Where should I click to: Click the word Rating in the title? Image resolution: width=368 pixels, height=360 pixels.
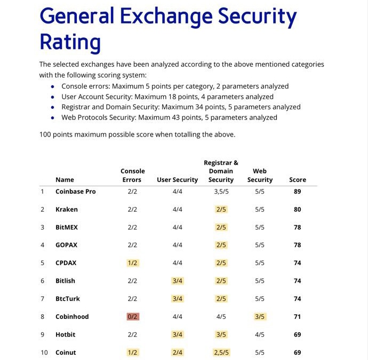coord(70,43)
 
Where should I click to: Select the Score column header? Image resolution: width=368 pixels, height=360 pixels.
coord(298,180)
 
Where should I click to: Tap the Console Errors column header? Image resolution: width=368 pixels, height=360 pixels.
coord(132,175)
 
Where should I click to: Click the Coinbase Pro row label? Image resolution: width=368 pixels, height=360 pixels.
coord(76,191)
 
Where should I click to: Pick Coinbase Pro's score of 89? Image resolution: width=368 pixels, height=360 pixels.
coord(298,191)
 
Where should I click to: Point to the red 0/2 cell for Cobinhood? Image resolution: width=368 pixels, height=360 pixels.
coord(133,317)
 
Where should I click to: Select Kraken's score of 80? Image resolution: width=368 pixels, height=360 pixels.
coord(298,210)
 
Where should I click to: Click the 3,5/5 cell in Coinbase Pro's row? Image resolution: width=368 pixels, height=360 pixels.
coord(221,192)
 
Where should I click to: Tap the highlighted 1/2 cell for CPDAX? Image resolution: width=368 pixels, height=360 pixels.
coord(133,263)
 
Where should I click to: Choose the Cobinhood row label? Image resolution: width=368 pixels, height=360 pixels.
coord(72,317)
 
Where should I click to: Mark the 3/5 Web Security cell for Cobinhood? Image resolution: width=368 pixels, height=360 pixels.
coord(260,317)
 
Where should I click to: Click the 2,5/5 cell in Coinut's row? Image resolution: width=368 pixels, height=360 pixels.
coord(221,353)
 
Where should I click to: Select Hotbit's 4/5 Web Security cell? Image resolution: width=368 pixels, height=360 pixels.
coord(260,334)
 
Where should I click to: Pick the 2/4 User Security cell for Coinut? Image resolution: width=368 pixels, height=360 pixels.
coord(178,353)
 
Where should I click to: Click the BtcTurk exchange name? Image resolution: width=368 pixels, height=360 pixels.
coord(68,299)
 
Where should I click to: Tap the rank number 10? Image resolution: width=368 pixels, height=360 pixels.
coord(44,353)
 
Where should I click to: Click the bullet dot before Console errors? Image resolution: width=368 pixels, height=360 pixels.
coord(53,86)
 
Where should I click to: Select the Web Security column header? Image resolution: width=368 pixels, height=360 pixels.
coord(260,175)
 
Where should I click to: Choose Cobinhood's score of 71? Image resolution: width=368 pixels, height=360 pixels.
coord(298,317)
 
